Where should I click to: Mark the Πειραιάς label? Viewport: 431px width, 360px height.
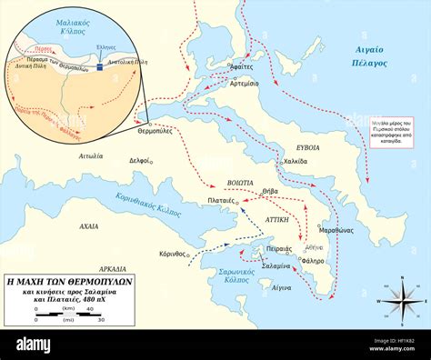coord(276,246)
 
